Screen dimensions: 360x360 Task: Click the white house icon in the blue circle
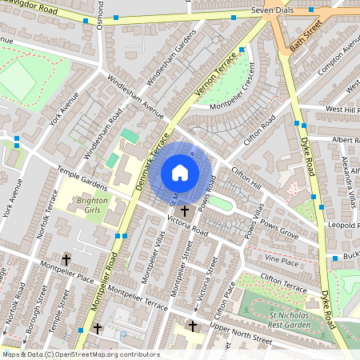[x=180, y=173]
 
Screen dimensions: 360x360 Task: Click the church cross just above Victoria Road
[x=186, y=211]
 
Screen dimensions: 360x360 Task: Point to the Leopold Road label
[x=342, y=226]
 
